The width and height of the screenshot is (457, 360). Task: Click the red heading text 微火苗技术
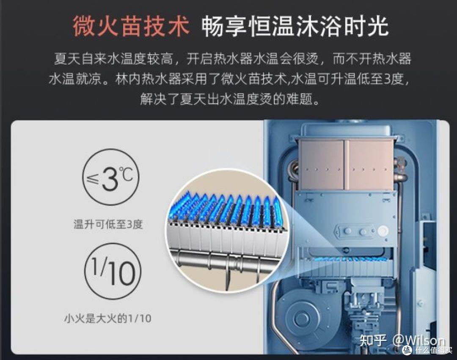(131, 27)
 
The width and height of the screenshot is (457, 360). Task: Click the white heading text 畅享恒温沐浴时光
(295, 27)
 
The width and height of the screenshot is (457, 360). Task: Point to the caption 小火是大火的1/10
(107, 318)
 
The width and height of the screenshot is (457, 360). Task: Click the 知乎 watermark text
(372, 341)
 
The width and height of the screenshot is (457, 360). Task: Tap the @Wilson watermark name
(418, 341)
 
